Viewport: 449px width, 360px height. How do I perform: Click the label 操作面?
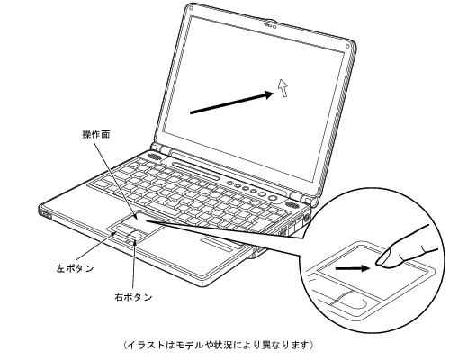96,134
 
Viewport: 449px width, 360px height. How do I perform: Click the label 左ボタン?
75,268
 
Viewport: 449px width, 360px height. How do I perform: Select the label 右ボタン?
133,297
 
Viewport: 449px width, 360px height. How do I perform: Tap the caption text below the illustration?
219,345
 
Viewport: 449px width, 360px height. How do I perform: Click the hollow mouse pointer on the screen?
283,87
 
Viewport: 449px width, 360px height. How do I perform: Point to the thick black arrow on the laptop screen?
232,103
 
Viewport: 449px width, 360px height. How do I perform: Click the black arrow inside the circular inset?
352,268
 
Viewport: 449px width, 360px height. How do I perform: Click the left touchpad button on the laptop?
121,229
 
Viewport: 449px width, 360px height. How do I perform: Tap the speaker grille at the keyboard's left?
155,157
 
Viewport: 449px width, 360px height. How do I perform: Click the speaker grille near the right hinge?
292,206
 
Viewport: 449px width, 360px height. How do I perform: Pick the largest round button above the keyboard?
273,198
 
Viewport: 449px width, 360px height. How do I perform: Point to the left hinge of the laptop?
160,148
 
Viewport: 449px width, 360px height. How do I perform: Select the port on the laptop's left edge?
45,214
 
